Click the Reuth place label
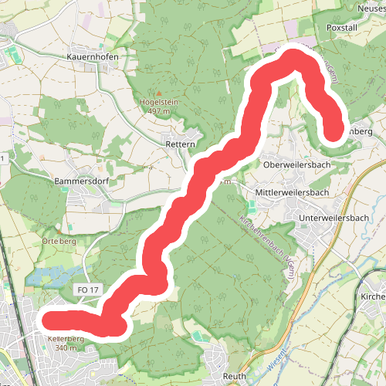(x=233, y=376)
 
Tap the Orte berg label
(x=58, y=240)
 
